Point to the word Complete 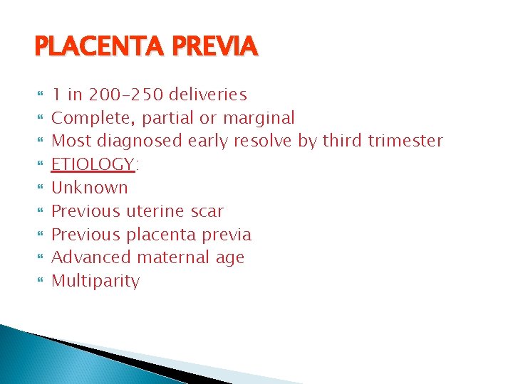coord(89,118)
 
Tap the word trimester coord(405,141)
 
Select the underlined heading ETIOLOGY coord(93,164)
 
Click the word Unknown coord(90,188)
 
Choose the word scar coord(207,211)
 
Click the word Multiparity coord(95,281)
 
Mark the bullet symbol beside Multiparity coord(39,282)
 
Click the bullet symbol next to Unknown coord(39,188)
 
